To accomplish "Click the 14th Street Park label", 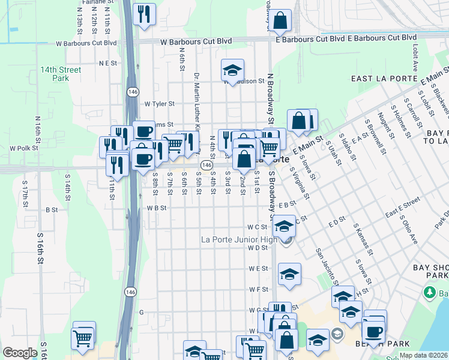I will tap(61, 74).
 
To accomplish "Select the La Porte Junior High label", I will tap(240, 240).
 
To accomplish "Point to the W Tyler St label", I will tap(159, 103).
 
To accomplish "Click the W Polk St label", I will tap(24, 148).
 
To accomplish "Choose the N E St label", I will tap(108, 62).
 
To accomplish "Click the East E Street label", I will tap(403, 211).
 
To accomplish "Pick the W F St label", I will tap(258, 289).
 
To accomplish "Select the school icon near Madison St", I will tap(232, 70).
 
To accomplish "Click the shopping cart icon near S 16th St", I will tap(82, 338).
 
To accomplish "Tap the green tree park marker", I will tap(429, 292).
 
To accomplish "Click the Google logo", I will tap(20, 353).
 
